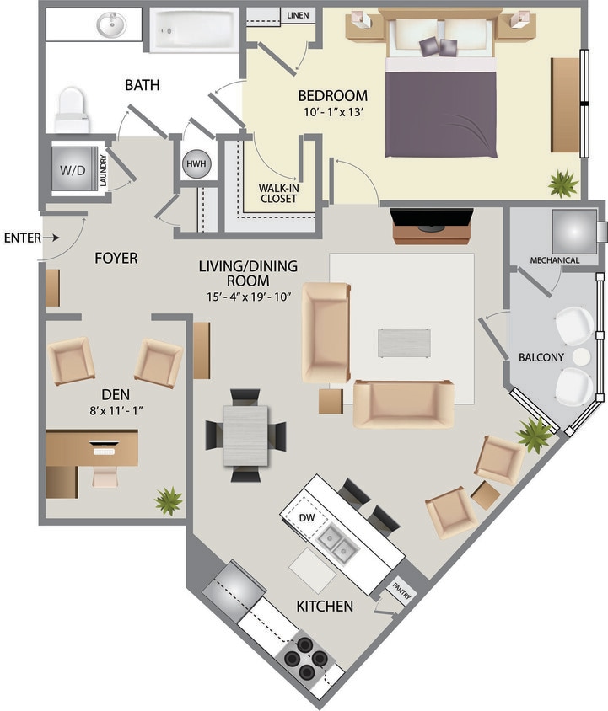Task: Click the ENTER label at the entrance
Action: tap(22, 238)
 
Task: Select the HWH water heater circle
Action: tap(195, 163)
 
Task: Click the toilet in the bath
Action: tap(72, 110)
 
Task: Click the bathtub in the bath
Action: tap(195, 31)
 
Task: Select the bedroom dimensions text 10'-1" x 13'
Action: tap(332, 111)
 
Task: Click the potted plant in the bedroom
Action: tap(562, 182)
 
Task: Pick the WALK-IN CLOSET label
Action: tap(277, 193)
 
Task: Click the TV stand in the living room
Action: tap(432, 226)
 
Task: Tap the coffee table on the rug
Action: tap(404, 343)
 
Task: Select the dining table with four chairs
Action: tap(245, 436)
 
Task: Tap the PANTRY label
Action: tap(400, 592)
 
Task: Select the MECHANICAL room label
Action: tap(554, 260)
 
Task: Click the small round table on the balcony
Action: tap(581, 357)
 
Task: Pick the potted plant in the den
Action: tap(168, 500)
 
